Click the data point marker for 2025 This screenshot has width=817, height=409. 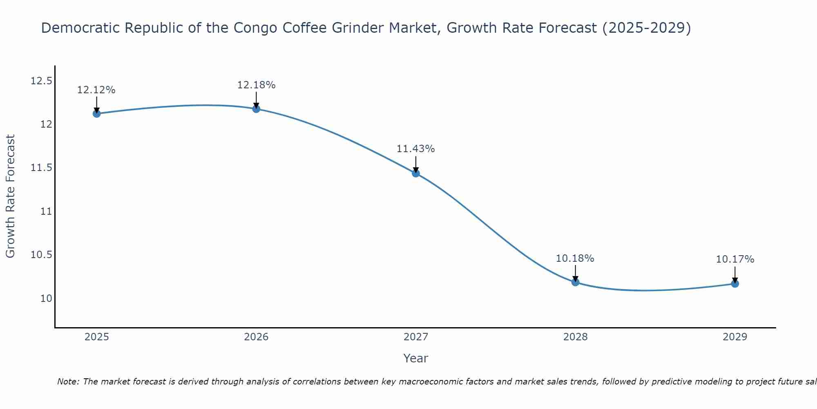pyautogui.click(x=96, y=113)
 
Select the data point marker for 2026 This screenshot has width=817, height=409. pyautogui.click(x=256, y=108)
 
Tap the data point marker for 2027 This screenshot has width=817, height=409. pyautogui.click(x=416, y=173)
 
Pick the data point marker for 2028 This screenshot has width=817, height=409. pyautogui.click(x=575, y=282)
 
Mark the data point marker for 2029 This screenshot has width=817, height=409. pyautogui.click(x=735, y=283)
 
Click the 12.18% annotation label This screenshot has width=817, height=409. pyautogui.click(x=256, y=85)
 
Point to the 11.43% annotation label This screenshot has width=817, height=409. pyautogui.click(x=416, y=149)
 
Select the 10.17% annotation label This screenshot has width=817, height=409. pyautogui.click(x=735, y=259)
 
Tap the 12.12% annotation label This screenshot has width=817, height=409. pyautogui.click(x=96, y=90)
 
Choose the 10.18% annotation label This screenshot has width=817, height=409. pyautogui.click(x=575, y=258)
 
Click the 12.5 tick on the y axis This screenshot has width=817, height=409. pyautogui.click(x=41, y=81)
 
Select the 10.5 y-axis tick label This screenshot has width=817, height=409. pyautogui.click(x=41, y=255)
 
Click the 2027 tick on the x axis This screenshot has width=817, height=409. pyautogui.click(x=416, y=337)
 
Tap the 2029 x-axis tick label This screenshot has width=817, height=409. pyautogui.click(x=735, y=337)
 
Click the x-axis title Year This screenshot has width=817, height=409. pyautogui.click(x=416, y=358)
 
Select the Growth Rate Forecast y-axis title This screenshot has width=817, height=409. pyautogui.click(x=11, y=196)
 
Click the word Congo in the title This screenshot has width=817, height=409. pyautogui.click(x=254, y=28)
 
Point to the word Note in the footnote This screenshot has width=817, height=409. pyautogui.click(x=68, y=382)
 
